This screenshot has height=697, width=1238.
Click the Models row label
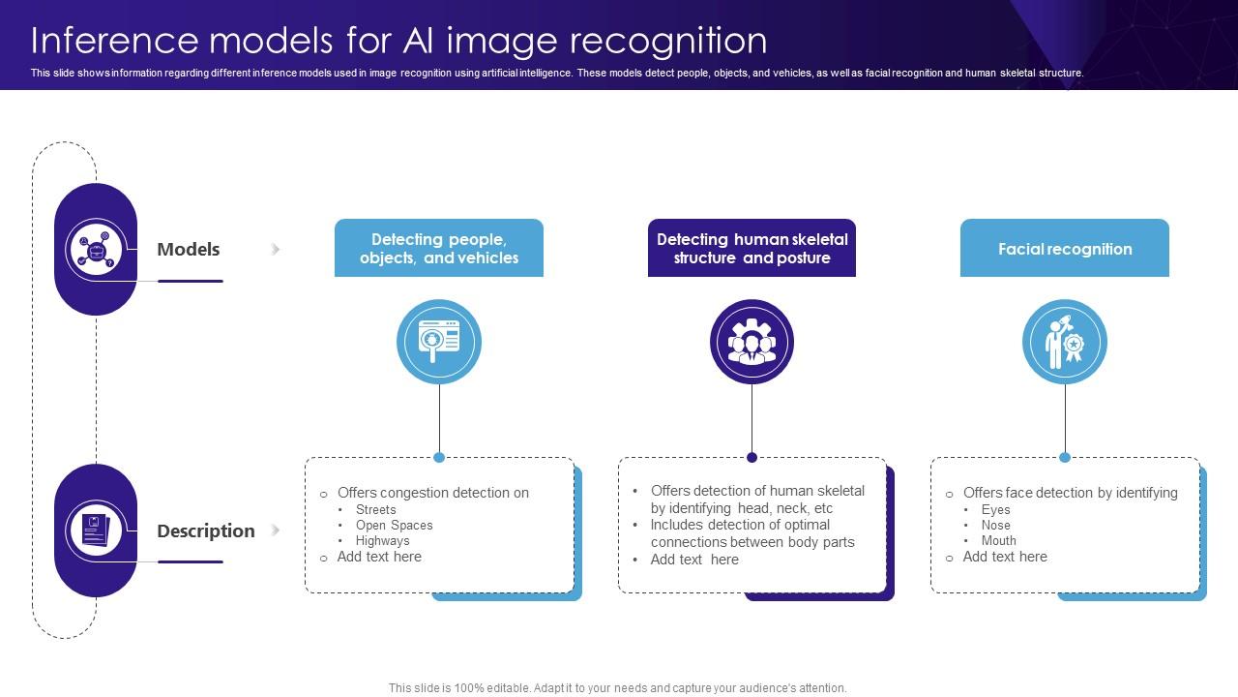point(188,249)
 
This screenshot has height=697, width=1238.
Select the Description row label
point(205,530)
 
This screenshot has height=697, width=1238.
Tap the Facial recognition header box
point(1064,249)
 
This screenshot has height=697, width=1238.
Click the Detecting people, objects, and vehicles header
point(439,249)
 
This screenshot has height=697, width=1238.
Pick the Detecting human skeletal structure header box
point(752,249)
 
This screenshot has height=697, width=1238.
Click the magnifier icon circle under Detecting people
point(439,342)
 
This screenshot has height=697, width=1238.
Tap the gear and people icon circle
point(752,342)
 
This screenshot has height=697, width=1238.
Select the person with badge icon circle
point(1064,342)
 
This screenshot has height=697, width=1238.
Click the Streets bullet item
point(375,509)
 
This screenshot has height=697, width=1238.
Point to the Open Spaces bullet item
point(394,525)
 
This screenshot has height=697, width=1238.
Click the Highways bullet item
point(382,540)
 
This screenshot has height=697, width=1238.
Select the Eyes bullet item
point(995,509)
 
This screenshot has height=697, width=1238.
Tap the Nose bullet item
point(995,525)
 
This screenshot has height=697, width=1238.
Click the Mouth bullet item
point(998,540)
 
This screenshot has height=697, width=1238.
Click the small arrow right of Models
point(276,249)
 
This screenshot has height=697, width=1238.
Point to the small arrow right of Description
point(276,530)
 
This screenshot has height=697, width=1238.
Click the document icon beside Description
point(96,530)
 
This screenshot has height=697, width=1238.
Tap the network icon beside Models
point(96,250)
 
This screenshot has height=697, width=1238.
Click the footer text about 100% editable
point(617,688)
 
